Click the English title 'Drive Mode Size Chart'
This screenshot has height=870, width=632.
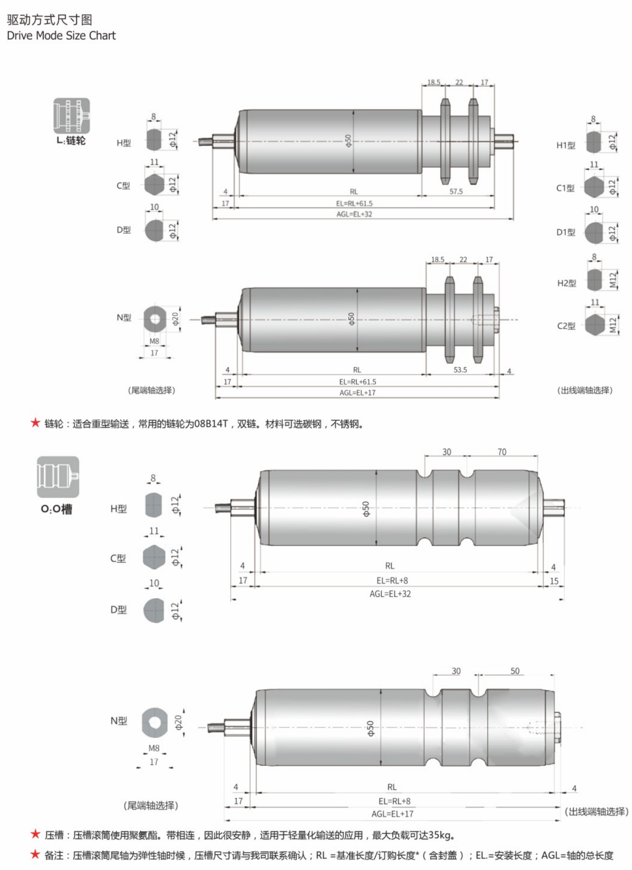[61, 35]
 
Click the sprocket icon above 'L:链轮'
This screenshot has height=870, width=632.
[71, 116]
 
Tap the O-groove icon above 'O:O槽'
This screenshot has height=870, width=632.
[58, 477]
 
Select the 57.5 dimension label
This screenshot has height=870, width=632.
[456, 191]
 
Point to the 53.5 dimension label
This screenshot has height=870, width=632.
[460, 370]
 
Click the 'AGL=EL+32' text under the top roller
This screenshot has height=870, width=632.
[354, 214]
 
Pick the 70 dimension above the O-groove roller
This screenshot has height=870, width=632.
[502, 452]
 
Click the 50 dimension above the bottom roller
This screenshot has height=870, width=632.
[515, 671]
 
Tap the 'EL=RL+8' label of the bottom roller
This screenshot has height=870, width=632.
[394, 801]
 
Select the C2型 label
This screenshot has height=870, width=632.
[566, 326]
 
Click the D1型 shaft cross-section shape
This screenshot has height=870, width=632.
[594, 232]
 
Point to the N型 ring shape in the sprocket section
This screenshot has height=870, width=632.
[155, 319]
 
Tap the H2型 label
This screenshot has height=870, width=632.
[567, 283]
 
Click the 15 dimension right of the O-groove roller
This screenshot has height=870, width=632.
[554, 581]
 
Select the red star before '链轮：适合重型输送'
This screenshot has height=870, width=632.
[35, 423]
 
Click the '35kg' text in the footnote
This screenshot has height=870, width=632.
[441, 835]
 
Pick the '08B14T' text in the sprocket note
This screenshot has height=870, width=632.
[211, 424]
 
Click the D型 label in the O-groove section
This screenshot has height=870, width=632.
[118, 610]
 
